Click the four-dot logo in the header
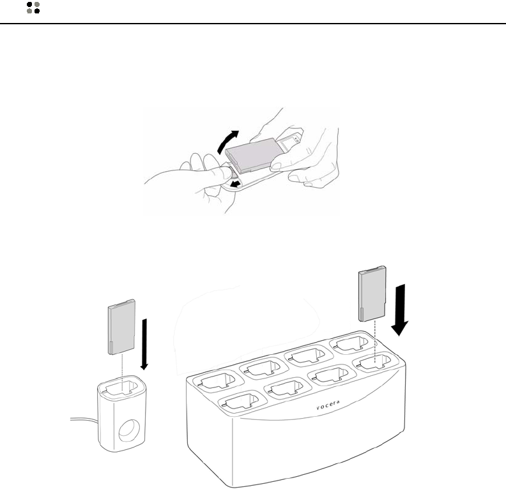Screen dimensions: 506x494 (33, 8)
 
